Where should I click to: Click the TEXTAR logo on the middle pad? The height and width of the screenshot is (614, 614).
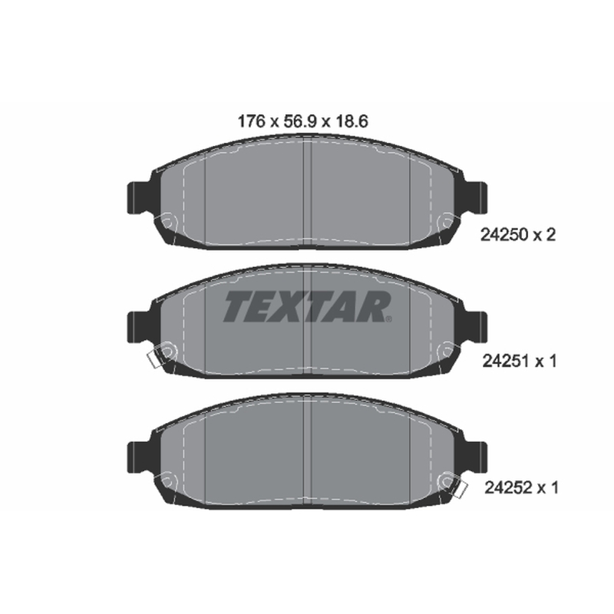[308, 306]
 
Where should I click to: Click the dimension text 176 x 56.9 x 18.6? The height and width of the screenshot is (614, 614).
[302, 121]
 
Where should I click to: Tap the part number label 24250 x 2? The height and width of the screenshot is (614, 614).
[517, 235]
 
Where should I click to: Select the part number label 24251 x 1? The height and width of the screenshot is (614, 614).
[519, 361]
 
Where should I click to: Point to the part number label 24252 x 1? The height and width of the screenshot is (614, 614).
[521, 488]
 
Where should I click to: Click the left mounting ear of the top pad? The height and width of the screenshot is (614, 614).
[140, 198]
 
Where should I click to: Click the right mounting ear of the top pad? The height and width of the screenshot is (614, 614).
[474, 198]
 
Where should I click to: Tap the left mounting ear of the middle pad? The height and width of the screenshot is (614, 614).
[140, 328]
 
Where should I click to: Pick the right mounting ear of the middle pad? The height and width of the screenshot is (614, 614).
[474, 328]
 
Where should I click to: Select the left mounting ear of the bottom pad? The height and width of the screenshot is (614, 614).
[140, 457]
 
